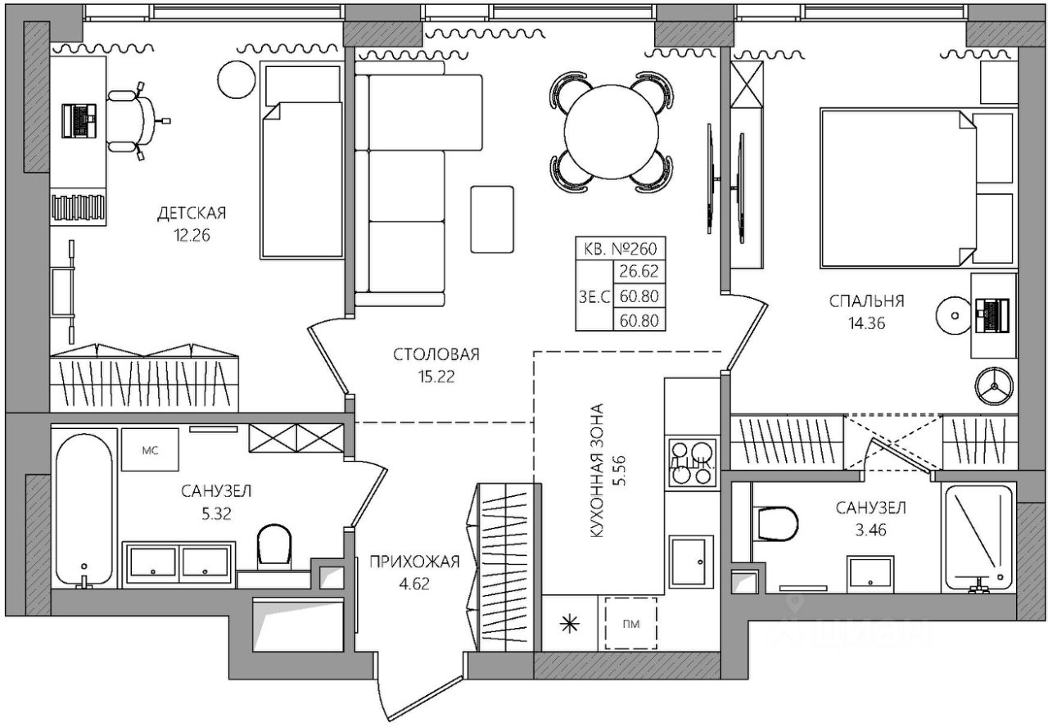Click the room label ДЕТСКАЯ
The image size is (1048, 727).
191,214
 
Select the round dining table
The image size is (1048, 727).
611,131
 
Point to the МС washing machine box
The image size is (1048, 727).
150,449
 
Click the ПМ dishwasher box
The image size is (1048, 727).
630,624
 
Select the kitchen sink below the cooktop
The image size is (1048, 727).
693,561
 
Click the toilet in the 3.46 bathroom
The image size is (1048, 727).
776,522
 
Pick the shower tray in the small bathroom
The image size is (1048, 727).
978,537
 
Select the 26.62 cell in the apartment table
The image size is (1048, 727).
639,272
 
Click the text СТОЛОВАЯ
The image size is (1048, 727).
436,354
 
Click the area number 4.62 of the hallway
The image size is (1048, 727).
413,584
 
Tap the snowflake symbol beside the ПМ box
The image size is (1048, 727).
568,624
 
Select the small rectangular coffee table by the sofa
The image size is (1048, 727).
491,219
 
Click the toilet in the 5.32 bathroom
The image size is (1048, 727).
274,544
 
